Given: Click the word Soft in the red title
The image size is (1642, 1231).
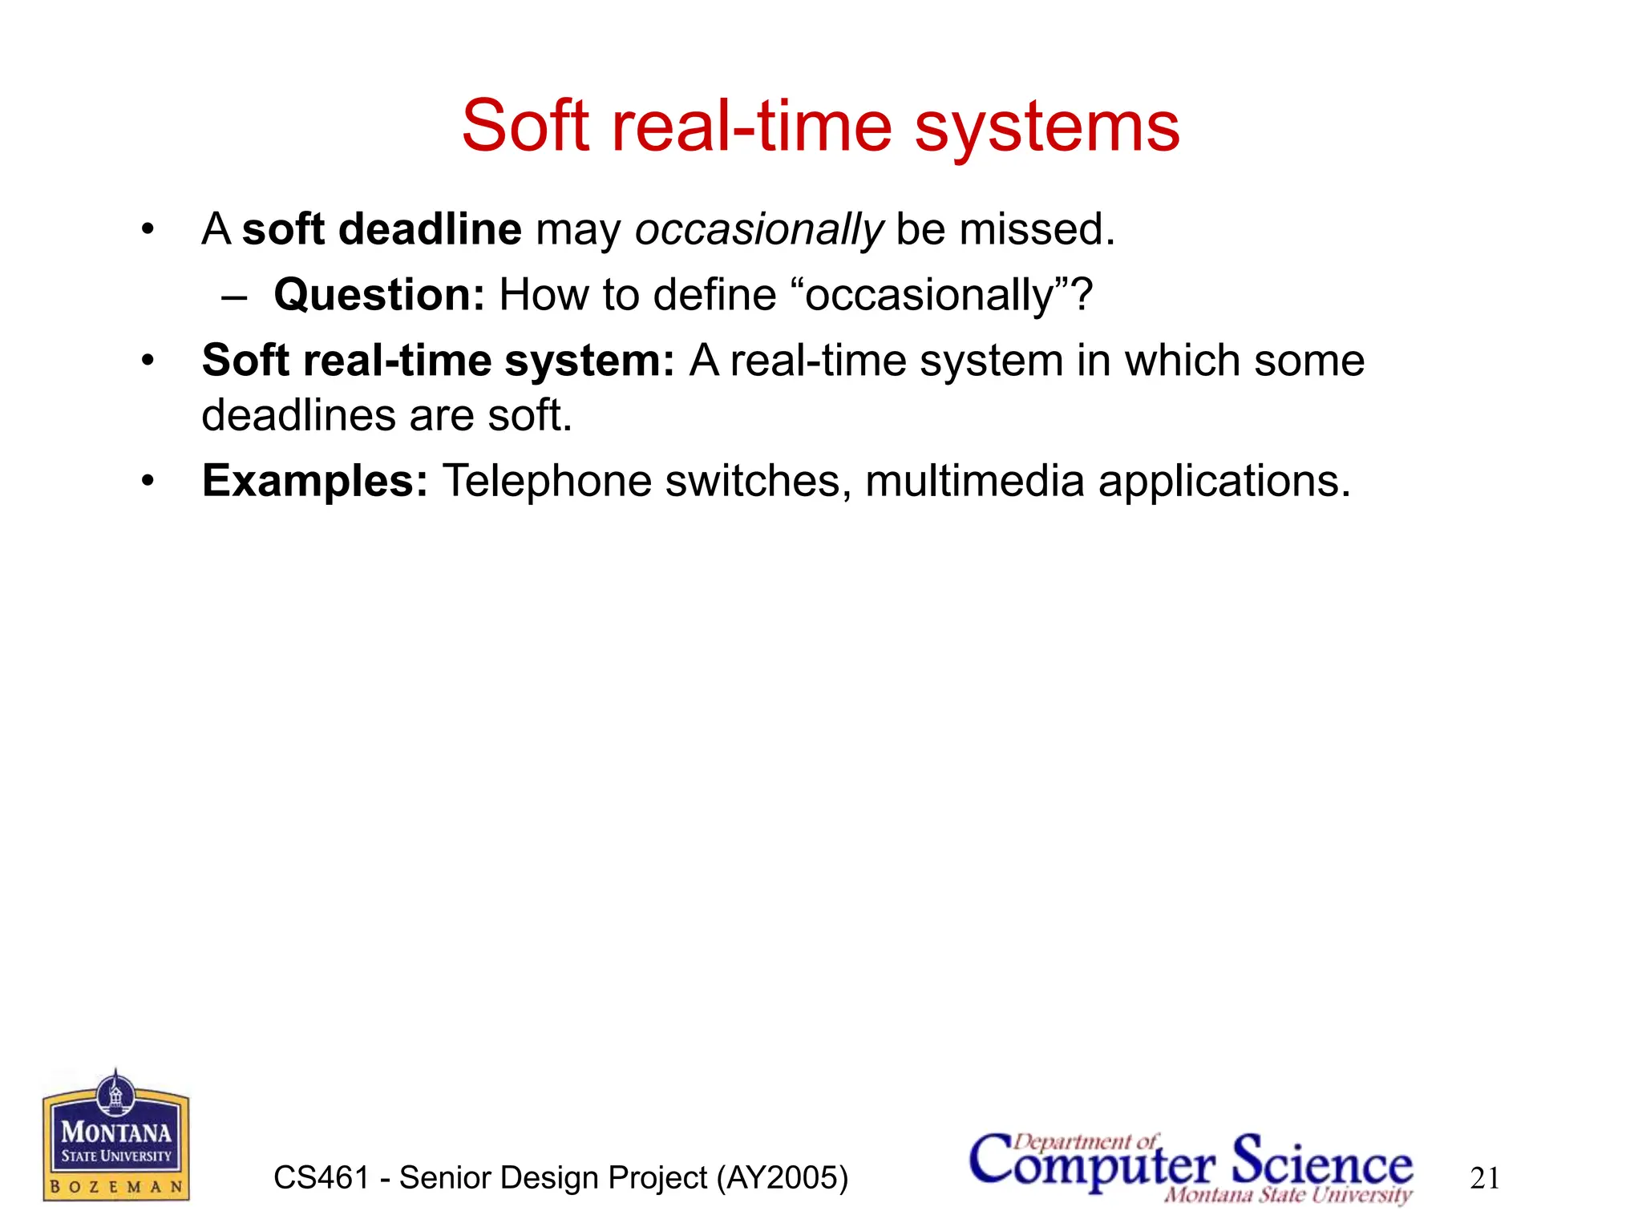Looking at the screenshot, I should (x=525, y=126).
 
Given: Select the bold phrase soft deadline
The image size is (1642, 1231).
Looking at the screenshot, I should (x=382, y=229).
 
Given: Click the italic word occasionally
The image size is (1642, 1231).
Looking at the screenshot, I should (x=758, y=231).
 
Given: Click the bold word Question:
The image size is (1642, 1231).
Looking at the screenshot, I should (x=379, y=296).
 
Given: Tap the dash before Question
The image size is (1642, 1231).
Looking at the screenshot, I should (x=234, y=297).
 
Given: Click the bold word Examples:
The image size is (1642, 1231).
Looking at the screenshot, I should (x=315, y=481).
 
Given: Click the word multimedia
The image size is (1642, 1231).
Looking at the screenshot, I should (x=974, y=481).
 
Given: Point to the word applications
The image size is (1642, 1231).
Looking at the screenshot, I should (x=1223, y=482).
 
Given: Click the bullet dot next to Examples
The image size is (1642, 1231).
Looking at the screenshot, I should (x=147, y=482).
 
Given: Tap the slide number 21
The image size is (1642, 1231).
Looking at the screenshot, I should (x=1485, y=1179).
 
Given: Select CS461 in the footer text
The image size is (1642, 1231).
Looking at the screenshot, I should (x=321, y=1178).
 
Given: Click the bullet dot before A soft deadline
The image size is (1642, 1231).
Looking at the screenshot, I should (x=147, y=230).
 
